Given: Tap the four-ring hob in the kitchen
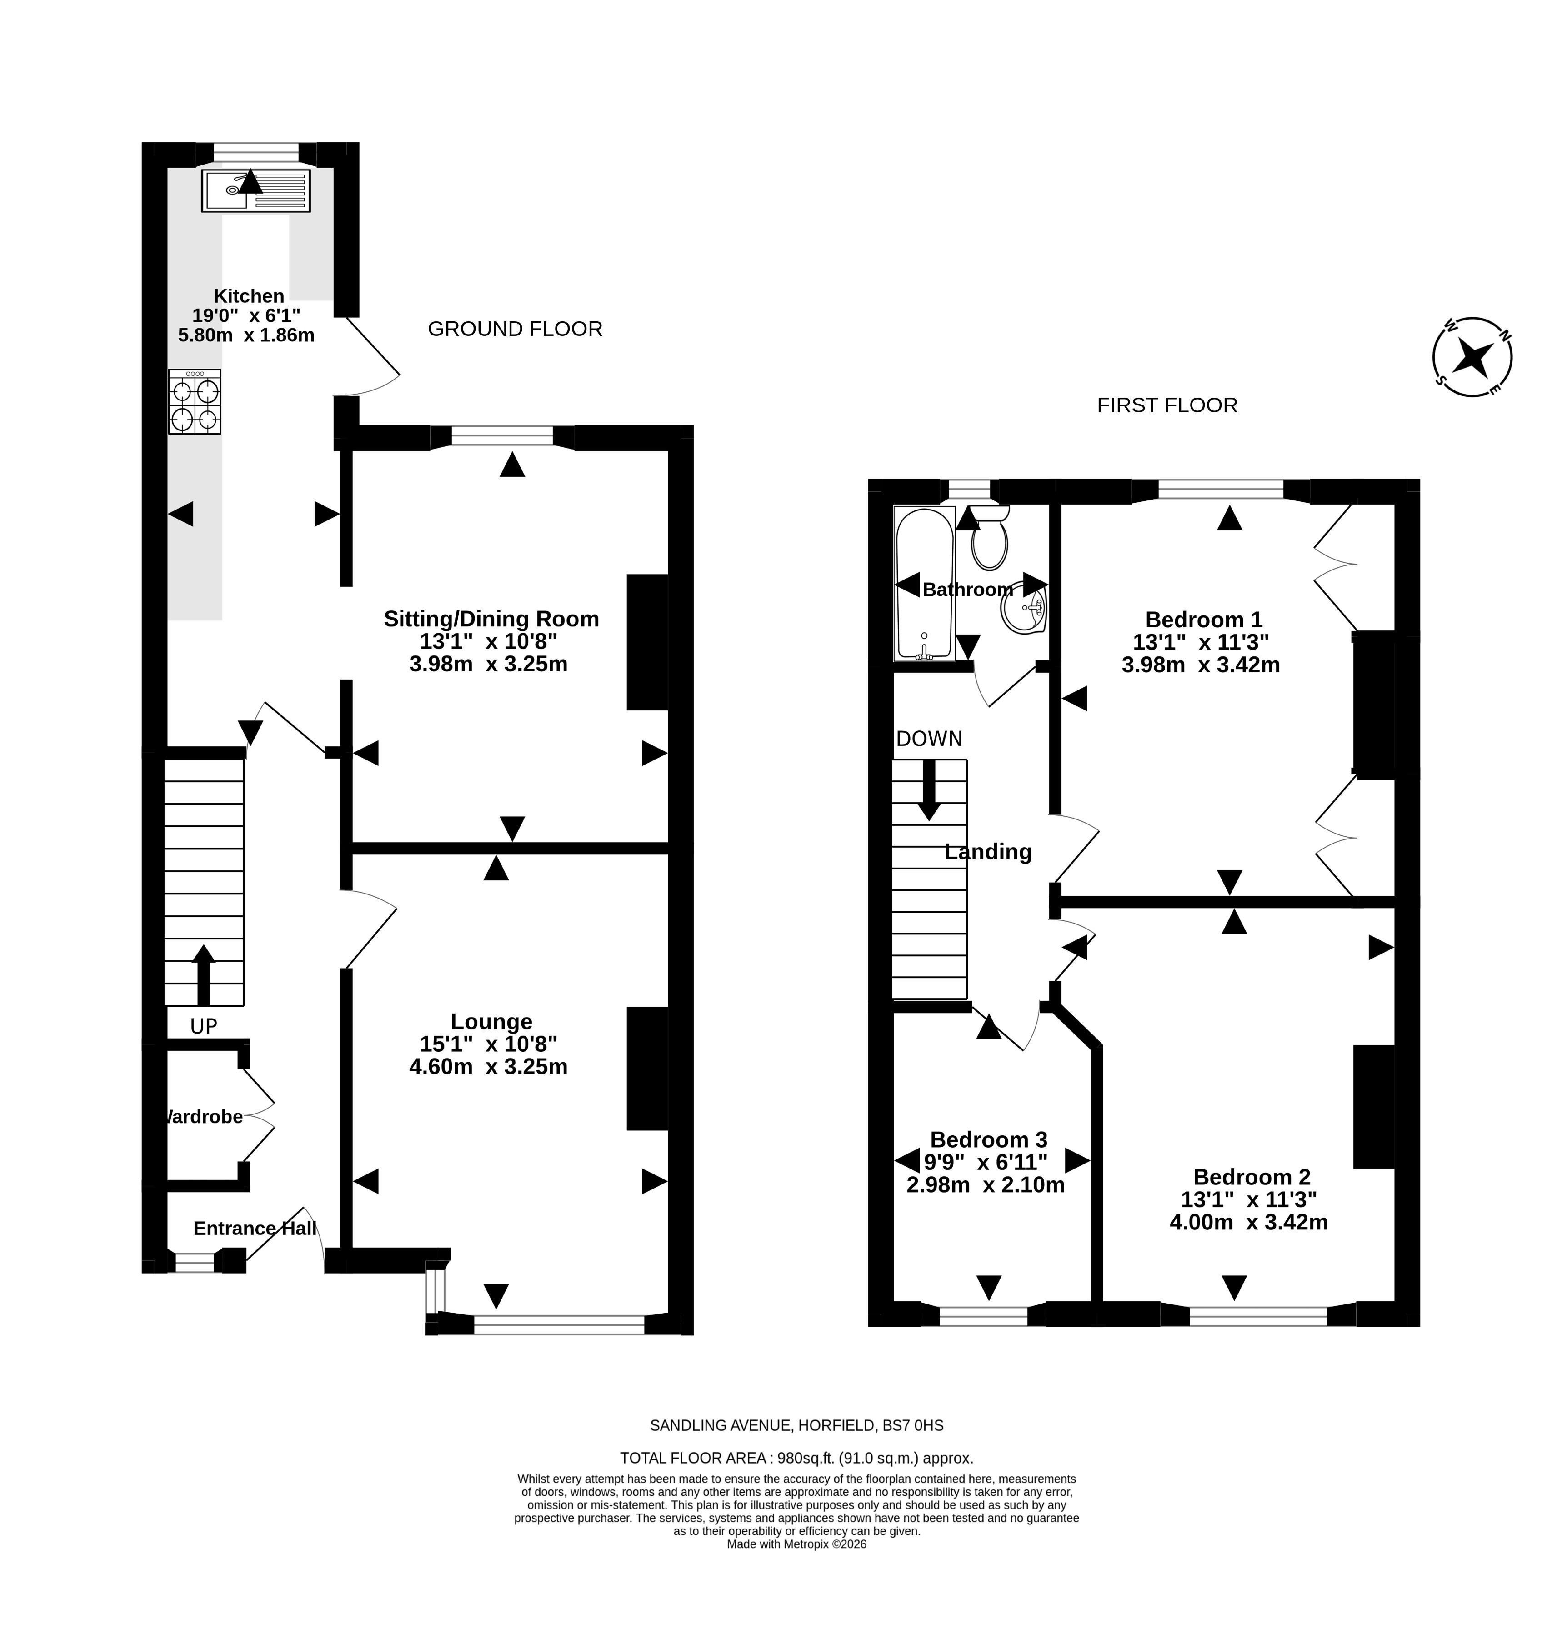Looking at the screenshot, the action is tap(195, 401).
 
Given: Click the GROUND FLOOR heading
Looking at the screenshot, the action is tap(515, 329).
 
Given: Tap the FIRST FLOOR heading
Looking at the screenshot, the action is tap(1166, 405).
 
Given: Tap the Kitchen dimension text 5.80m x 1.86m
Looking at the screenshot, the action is tap(246, 335).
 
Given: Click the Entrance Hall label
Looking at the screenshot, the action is tap(255, 1229).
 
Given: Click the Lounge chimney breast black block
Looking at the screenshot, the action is tap(648, 1069).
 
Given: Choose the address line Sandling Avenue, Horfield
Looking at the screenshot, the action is tap(796, 1425).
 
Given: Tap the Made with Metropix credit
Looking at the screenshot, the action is tap(796, 1544).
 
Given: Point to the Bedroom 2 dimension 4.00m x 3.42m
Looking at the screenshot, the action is tap(1249, 1222).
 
